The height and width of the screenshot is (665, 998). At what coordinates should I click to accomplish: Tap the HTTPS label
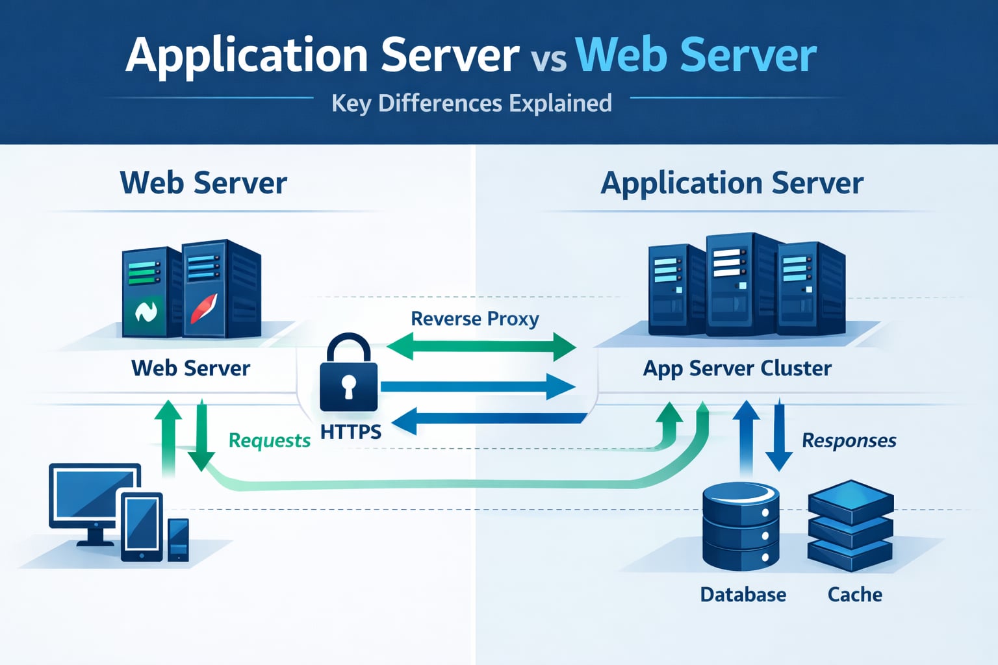[x=351, y=431]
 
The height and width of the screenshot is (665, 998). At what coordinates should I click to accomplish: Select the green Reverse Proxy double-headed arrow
[x=481, y=346]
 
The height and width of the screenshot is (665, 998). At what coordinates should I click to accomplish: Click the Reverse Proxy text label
[x=475, y=319]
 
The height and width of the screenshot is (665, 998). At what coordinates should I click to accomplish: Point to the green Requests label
[x=269, y=440]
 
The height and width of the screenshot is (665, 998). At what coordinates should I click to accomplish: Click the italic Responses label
[x=849, y=440]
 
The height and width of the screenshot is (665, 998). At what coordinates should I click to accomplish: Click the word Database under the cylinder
[x=743, y=594]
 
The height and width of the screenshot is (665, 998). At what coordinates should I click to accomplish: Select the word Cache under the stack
[x=854, y=594]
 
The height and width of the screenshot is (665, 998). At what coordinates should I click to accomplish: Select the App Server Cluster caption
[x=737, y=368]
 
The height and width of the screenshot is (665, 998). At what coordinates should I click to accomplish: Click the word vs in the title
[x=548, y=60]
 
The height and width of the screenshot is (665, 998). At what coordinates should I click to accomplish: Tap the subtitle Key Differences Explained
[x=472, y=103]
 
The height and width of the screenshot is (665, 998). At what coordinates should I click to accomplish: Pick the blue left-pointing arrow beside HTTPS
[x=487, y=421]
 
